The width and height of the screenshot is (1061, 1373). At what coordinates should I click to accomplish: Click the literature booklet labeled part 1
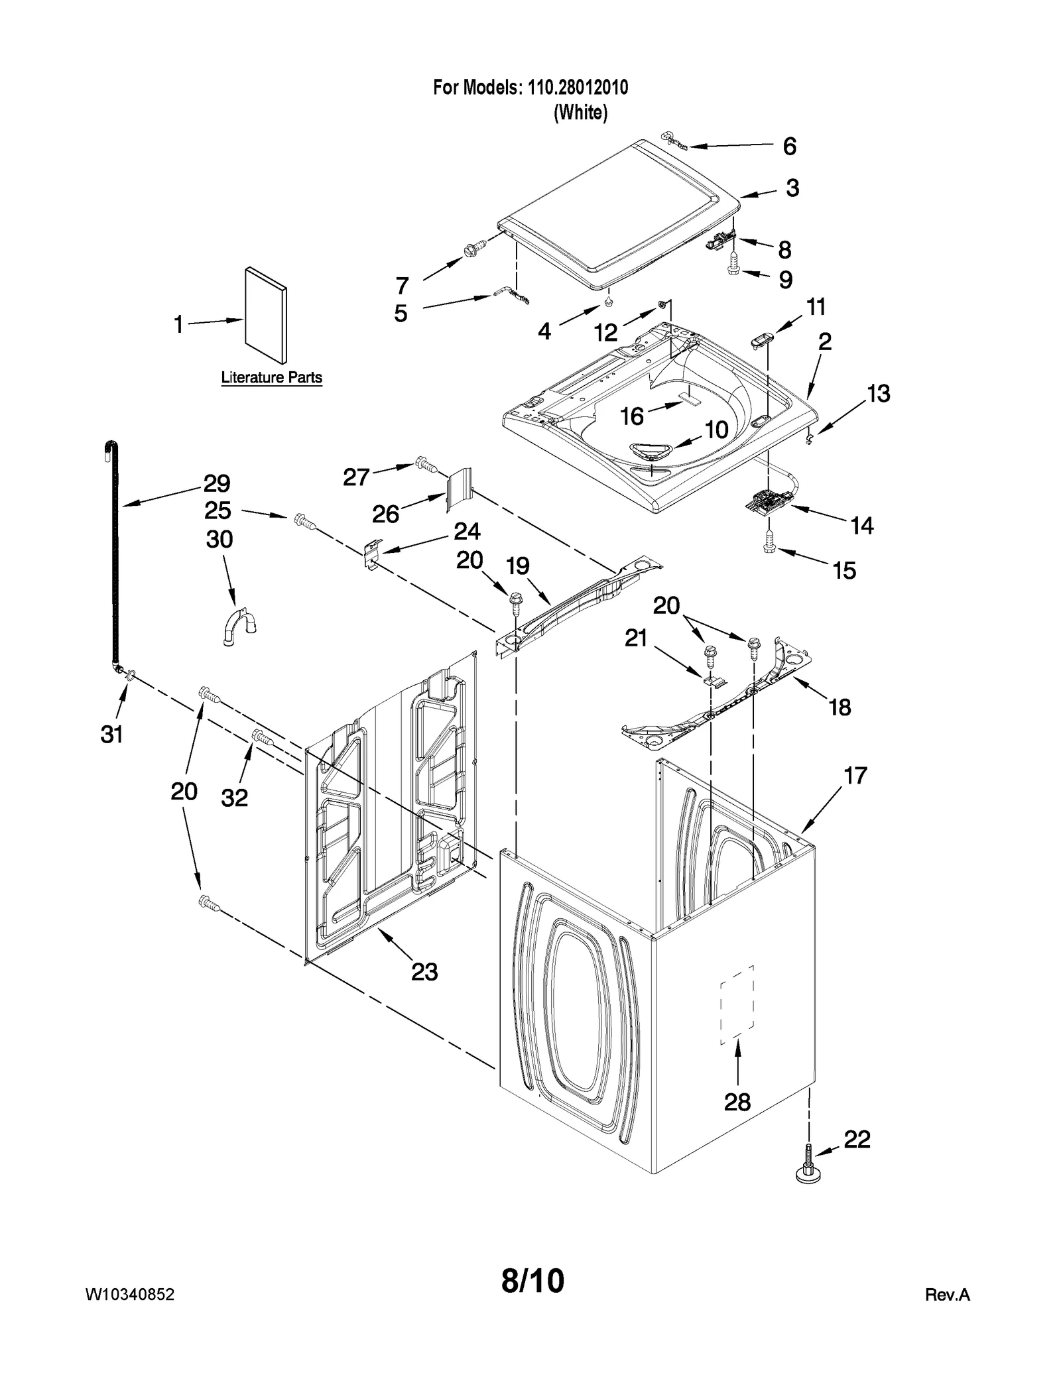[265, 316]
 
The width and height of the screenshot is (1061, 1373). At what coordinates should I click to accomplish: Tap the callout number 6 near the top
[789, 147]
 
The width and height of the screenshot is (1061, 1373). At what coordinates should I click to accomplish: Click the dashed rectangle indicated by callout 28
[737, 1005]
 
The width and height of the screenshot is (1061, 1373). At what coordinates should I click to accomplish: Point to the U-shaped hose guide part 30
[239, 625]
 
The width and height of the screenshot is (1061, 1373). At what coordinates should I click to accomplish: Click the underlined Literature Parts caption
[271, 378]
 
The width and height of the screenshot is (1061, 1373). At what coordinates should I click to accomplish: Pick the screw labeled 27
[426, 465]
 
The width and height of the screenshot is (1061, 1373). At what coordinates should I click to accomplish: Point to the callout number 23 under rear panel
[424, 972]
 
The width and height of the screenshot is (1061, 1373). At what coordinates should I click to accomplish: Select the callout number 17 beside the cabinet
[855, 775]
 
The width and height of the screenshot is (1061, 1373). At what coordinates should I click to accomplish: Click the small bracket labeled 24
[373, 552]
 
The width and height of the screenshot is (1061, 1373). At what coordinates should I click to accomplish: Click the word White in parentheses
[580, 113]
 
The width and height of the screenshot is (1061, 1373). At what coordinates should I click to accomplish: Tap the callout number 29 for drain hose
[216, 483]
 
